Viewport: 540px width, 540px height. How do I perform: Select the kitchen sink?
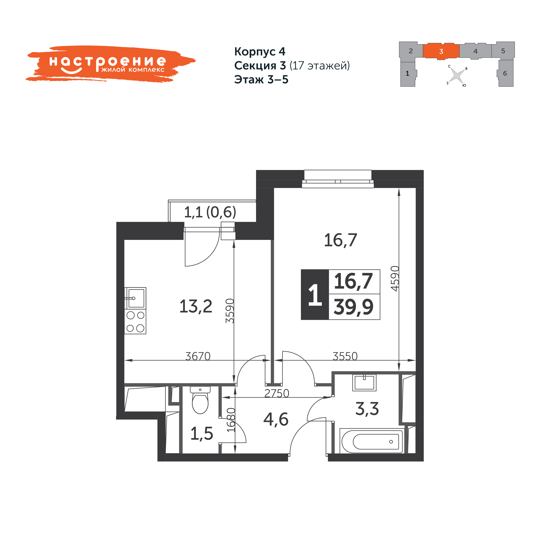point(135,298)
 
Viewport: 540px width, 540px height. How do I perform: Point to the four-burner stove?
point(135,321)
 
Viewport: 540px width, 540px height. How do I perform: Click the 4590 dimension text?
point(395,279)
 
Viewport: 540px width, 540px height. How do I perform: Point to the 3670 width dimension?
point(198,356)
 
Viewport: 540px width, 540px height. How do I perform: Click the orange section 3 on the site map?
point(441,51)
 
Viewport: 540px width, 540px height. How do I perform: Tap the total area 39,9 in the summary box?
point(354,307)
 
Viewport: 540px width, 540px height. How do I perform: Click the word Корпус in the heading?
point(255,52)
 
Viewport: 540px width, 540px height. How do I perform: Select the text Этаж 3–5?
point(261,79)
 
